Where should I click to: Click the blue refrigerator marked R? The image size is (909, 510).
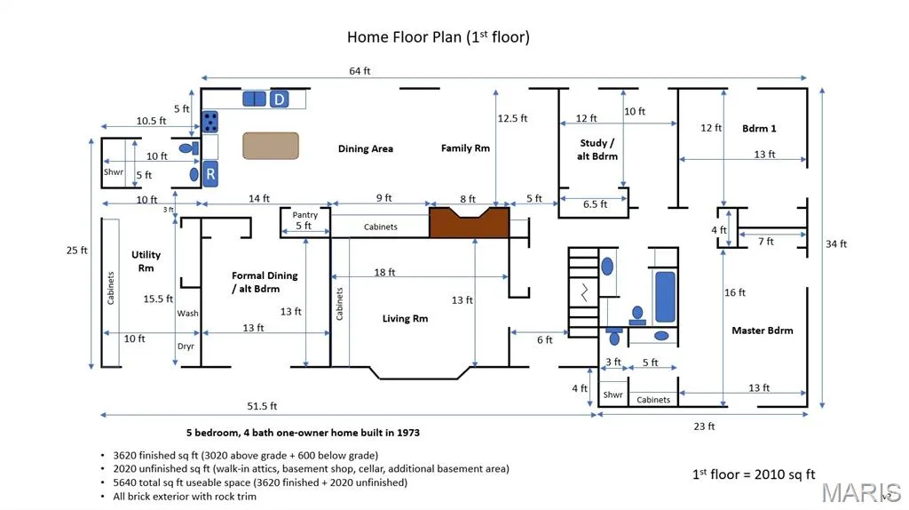coord(210,174)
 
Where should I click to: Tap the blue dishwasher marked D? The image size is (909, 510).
coord(280,100)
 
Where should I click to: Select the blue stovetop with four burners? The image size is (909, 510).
coord(209,123)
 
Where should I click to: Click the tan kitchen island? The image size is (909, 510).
coord(271,146)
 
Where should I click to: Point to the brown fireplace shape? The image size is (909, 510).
coord(469,222)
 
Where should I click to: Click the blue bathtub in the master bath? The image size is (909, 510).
coord(665,297)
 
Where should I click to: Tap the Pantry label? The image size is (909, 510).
coord(305,215)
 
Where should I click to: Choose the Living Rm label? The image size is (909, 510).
coord(405,318)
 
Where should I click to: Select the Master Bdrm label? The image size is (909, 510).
coord(763,331)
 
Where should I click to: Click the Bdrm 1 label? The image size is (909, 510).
coord(759,128)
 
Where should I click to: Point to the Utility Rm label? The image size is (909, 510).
coord(146,261)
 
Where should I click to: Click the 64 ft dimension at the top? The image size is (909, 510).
coord(360,71)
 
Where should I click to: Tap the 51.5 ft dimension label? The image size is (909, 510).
coord(262,406)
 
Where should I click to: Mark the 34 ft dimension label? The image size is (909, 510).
coord(836,243)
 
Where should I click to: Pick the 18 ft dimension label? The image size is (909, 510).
coord(384,272)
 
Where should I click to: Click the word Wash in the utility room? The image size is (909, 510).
coord(188,314)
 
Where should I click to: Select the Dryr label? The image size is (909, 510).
coord(186,347)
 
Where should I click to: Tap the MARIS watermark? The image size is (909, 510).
coord(861,493)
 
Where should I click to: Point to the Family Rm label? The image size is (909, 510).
coord(465,148)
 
